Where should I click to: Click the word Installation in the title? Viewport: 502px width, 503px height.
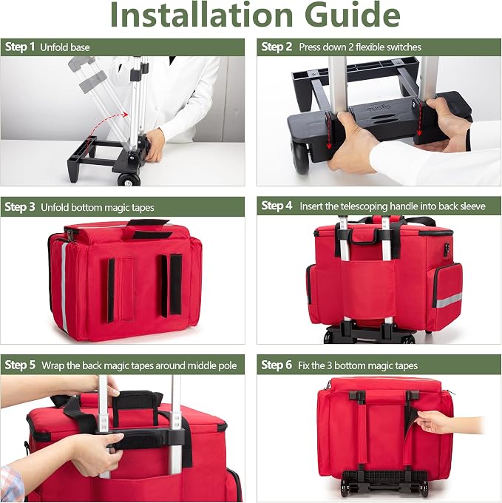pos(201,16)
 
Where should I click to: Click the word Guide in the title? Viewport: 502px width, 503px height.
pos(353,16)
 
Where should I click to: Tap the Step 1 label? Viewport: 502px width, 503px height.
pos(20,47)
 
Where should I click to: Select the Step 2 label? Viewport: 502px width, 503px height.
pos(277,47)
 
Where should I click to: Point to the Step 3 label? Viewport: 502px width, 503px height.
pos(20,207)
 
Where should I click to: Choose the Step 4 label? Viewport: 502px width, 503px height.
pos(277,206)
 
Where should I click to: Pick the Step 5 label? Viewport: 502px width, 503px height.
pos(20,365)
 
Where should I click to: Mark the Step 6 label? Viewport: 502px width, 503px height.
pos(277,365)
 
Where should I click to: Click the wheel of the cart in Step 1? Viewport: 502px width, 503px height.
pos(129,179)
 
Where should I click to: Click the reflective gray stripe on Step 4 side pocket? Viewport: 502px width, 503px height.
pos(449,300)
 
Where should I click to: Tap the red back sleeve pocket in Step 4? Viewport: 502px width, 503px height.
pos(369,289)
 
